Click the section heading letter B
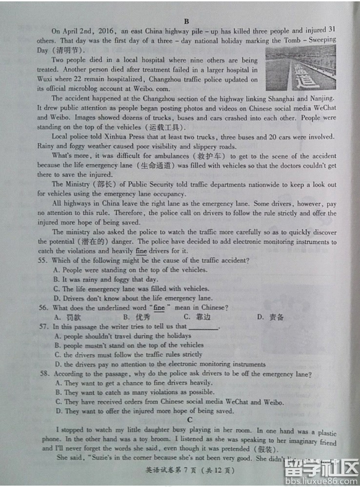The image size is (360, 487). (x=187, y=21)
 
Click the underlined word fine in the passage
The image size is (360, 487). (x=141, y=251)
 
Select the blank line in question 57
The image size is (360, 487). (x=203, y=327)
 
